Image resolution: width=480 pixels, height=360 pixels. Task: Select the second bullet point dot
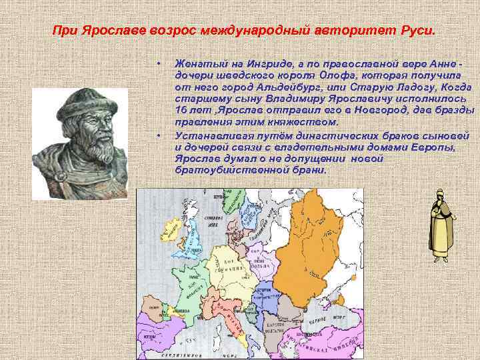[158, 135]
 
